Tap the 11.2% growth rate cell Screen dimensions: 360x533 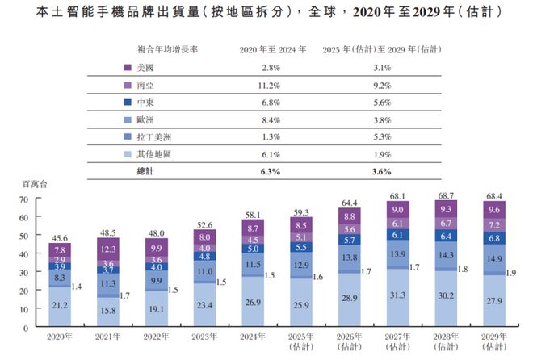271,84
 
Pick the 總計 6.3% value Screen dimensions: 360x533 271,171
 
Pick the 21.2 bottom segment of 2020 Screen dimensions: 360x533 60,306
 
